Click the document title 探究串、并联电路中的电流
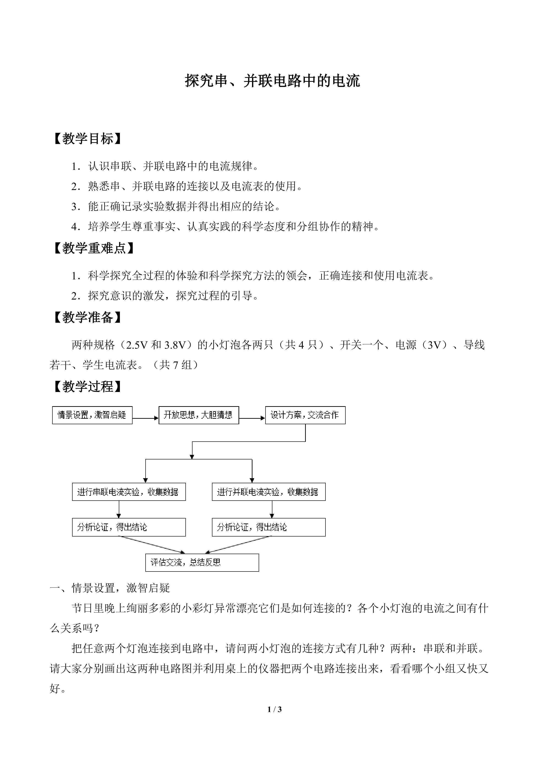point(272,81)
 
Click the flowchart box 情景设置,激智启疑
point(92,415)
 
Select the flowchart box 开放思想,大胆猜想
point(199,415)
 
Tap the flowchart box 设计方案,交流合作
point(305,415)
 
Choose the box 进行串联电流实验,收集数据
point(129,492)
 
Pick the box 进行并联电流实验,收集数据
point(269,492)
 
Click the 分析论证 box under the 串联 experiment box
point(129,527)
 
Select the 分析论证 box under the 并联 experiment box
point(269,527)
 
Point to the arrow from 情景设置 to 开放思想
point(146,418)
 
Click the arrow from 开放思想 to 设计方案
point(252,418)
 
